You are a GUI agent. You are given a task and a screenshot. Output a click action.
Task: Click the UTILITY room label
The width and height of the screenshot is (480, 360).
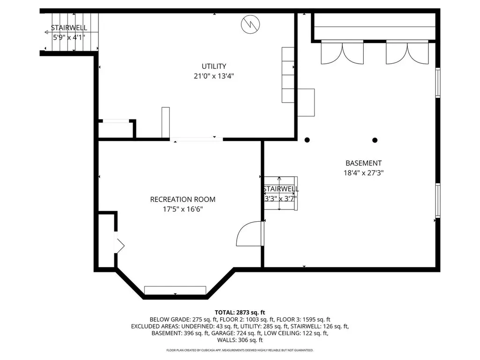tap(214, 66)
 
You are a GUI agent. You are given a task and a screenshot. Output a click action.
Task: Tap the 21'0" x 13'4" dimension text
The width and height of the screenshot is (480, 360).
tap(214, 75)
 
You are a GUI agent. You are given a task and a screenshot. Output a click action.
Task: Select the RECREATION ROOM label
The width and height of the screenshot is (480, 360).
tap(183, 199)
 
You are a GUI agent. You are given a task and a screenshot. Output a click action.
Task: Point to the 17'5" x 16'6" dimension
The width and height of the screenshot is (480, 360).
tap(183, 209)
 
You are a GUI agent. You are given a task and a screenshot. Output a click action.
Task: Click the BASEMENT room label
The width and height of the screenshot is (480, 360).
tap(363, 163)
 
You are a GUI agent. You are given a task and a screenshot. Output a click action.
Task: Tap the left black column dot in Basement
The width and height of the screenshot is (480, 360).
tap(307, 140)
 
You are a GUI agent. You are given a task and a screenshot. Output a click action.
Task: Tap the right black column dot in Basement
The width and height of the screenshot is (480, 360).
tap(375, 140)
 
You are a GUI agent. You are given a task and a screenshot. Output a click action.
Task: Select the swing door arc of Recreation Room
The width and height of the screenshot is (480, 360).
tap(247, 234)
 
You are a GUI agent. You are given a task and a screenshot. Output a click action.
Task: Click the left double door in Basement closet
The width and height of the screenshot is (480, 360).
tap(342, 52)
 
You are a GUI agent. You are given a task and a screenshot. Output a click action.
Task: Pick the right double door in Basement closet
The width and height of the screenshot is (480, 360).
tap(407, 52)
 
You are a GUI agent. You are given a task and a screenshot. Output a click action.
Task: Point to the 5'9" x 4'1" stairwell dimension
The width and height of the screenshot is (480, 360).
tap(69, 37)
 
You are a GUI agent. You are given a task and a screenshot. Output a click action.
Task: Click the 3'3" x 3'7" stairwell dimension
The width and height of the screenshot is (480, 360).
tap(280, 198)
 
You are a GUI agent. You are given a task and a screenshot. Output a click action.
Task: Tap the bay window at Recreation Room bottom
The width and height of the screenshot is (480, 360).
tap(175, 290)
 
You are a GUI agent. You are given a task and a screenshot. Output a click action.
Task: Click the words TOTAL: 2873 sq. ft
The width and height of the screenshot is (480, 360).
tap(240, 312)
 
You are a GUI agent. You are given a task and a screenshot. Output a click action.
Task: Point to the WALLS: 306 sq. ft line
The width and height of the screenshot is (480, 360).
tap(240, 340)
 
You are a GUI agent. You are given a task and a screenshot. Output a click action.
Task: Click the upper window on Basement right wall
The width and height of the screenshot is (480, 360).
tap(438, 83)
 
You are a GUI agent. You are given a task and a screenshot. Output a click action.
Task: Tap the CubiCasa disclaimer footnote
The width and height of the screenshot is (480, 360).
tap(240, 350)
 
